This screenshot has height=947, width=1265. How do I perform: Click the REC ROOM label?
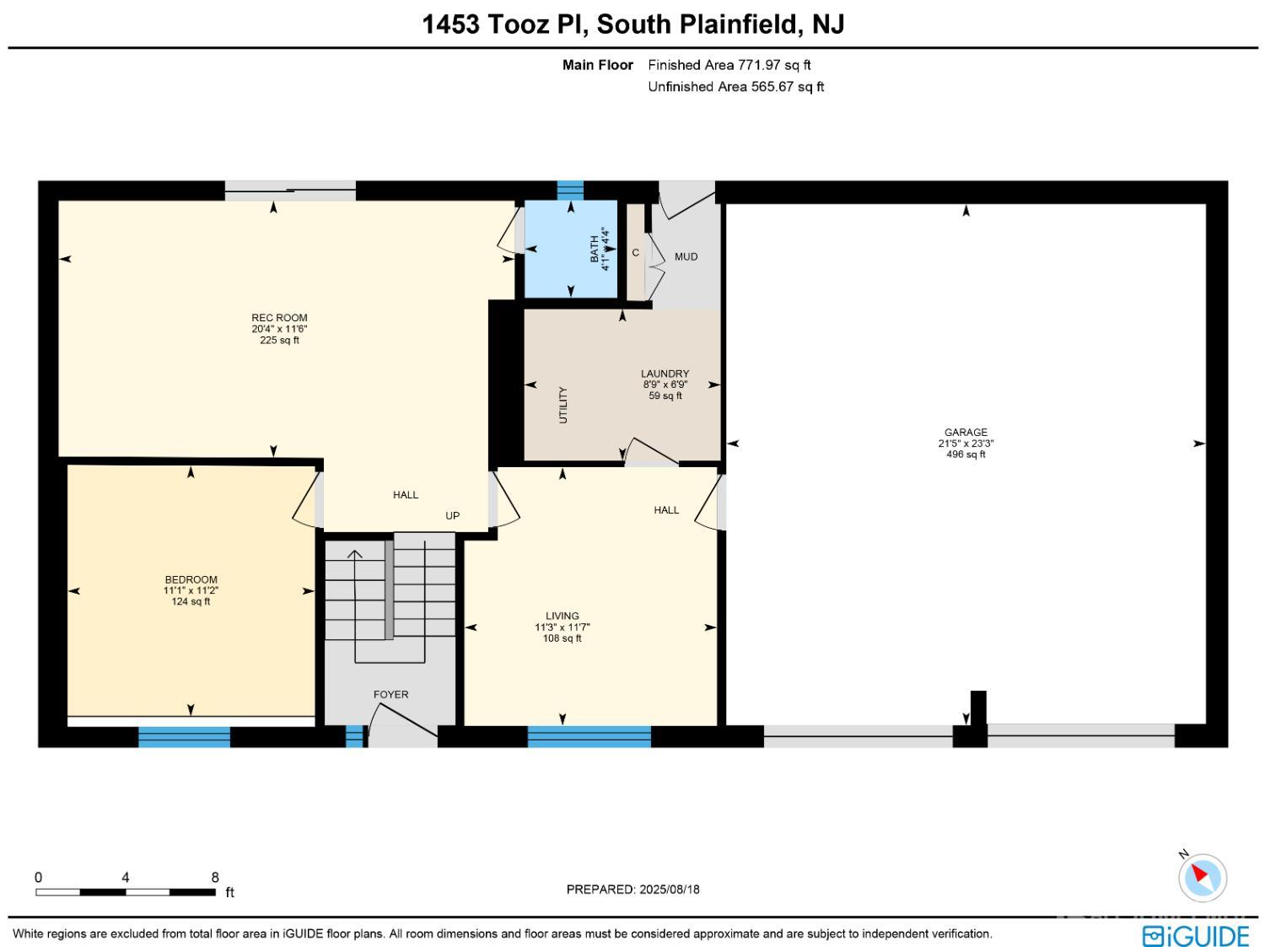pyautogui.click(x=279, y=317)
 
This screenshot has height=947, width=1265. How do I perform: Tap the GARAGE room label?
pyautogui.click(x=966, y=432)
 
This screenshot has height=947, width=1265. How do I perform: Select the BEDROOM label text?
pyautogui.click(x=191, y=579)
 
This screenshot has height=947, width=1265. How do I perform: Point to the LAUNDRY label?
pyautogui.click(x=665, y=374)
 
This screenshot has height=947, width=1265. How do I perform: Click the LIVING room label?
pyautogui.click(x=562, y=616)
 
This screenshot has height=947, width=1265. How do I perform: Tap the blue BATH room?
pyautogui.click(x=571, y=249)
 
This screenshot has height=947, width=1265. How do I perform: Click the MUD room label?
pyautogui.click(x=686, y=257)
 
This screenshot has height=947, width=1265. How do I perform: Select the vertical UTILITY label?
pyautogui.click(x=563, y=405)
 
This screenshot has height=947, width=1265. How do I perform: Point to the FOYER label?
pyautogui.click(x=390, y=695)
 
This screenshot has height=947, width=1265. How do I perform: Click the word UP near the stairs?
pyautogui.click(x=452, y=515)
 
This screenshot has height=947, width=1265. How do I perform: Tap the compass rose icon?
pyautogui.click(x=1203, y=877)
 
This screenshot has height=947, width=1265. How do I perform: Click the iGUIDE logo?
pyautogui.click(x=1195, y=934)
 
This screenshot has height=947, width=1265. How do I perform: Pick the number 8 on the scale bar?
pyautogui.click(x=215, y=877)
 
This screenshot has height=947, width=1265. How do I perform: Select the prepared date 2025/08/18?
pyautogui.click(x=669, y=890)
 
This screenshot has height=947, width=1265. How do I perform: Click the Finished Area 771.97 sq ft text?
pyautogui.click(x=729, y=65)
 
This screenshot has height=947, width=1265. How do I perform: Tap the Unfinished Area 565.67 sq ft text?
pyautogui.click(x=736, y=87)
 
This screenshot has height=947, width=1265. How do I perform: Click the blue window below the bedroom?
pyautogui.click(x=185, y=737)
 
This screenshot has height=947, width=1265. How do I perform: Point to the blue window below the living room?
pyautogui.click(x=589, y=737)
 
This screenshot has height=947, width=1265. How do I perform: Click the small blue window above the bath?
pyautogui.click(x=570, y=190)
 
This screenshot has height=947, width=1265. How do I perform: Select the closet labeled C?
pyautogui.click(x=636, y=252)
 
